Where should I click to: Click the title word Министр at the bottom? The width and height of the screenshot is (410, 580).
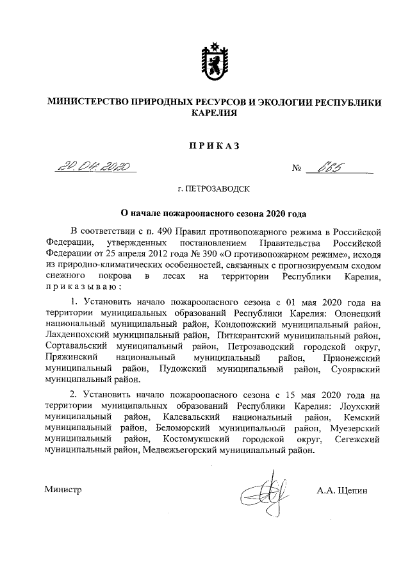[64, 490]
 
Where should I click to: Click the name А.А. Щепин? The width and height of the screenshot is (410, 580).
[341, 490]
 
